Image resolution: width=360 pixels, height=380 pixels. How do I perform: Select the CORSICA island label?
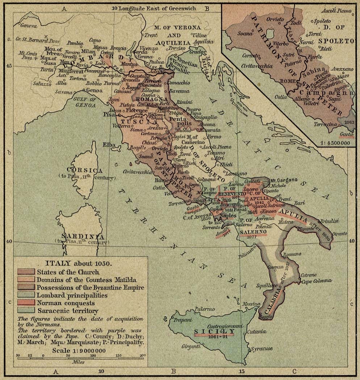tap(82, 170)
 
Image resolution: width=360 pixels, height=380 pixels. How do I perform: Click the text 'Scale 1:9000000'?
tap(79, 350)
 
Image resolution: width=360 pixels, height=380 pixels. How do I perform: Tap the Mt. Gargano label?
tap(285, 180)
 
